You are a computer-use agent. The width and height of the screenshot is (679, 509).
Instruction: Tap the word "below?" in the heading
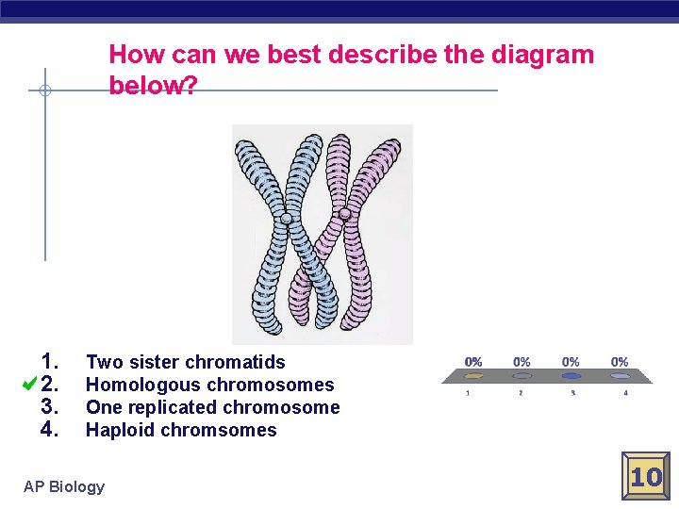click(153, 86)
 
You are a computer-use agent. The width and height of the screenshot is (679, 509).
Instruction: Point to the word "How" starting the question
click(134, 55)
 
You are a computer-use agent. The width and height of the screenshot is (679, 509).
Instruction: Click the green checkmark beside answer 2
click(28, 384)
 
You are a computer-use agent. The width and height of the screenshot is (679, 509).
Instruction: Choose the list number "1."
click(51, 361)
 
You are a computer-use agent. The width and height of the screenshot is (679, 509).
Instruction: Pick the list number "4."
click(51, 430)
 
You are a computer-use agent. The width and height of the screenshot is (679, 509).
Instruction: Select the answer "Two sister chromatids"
click(185, 362)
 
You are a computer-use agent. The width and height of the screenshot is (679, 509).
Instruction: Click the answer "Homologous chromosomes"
click(209, 385)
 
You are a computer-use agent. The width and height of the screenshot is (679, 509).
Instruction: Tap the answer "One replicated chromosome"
click(212, 407)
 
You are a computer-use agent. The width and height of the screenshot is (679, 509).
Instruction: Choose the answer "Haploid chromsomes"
click(181, 430)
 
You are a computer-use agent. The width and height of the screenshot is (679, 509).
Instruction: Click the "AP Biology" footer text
click(64, 486)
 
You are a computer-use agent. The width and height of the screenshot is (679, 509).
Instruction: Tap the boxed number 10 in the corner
click(646, 477)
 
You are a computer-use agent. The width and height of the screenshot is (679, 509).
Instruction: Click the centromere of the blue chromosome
click(287, 219)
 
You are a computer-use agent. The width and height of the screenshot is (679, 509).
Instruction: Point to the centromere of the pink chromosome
click(345, 214)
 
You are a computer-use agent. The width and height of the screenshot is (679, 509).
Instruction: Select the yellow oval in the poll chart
click(473, 375)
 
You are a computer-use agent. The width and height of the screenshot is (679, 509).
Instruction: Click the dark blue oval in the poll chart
click(571, 375)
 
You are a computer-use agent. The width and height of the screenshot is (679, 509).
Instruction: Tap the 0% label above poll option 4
click(619, 362)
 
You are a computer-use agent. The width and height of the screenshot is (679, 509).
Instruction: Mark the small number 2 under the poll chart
click(521, 392)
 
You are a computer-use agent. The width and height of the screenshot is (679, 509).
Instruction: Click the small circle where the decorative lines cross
click(45, 91)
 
